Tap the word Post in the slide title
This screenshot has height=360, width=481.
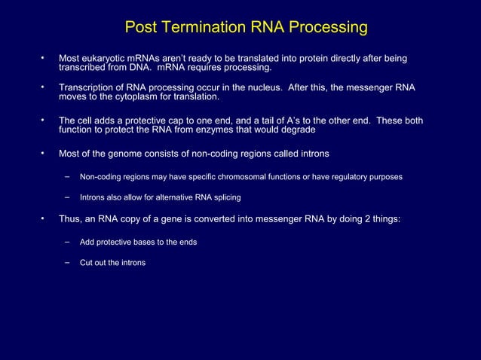140,29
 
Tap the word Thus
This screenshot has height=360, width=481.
71,220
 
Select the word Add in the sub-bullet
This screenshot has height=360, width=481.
87,242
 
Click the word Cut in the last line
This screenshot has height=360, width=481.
87,263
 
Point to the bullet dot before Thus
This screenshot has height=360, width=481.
44,219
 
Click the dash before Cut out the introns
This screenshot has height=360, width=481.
67,262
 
